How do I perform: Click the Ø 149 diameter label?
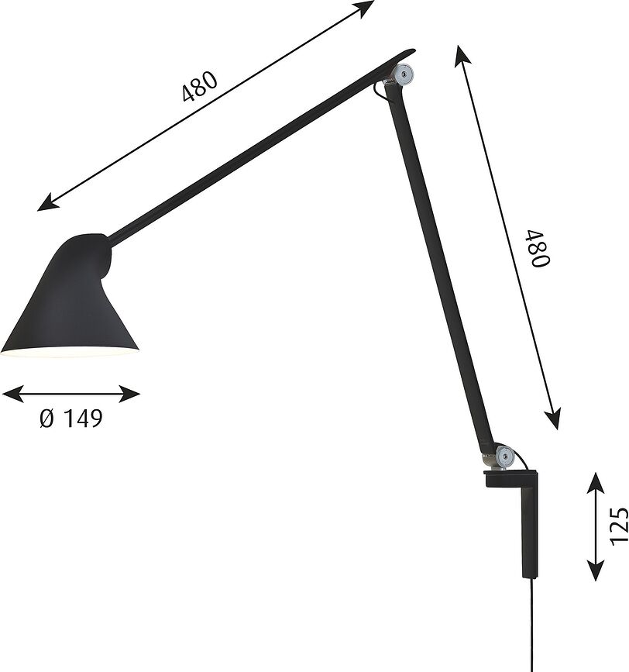[x=70, y=419]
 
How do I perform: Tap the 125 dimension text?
[x=616, y=526]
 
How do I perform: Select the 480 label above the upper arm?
[x=199, y=87]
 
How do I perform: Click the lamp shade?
[x=71, y=298]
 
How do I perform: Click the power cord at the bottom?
[x=532, y=628]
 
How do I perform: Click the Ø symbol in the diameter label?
[x=46, y=419]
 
